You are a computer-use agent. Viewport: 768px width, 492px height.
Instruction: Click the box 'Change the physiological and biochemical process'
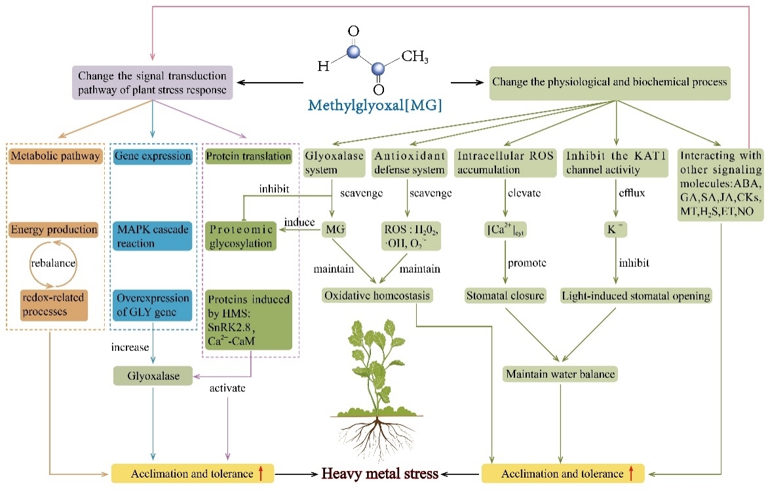tap(610, 83)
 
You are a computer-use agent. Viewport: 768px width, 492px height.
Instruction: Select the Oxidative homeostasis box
tap(377, 296)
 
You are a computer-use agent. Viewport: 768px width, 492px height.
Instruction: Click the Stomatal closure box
tap(505, 296)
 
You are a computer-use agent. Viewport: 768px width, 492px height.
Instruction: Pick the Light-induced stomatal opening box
tap(636, 296)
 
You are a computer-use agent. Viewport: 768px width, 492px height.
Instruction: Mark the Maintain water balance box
tap(560, 375)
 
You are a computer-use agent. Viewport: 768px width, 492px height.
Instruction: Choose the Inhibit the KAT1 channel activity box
tap(615, 163)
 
